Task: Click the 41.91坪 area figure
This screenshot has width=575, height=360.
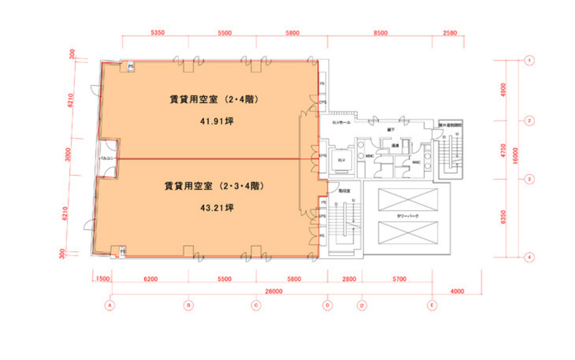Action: point(217,121)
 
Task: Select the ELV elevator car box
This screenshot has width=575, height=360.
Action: point(342,160)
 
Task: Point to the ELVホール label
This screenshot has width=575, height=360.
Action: point(341,123)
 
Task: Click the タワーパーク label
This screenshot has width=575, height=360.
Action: point(408,217)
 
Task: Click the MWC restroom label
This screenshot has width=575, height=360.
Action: point(369,156)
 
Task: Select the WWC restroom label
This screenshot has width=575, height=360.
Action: point(416,162)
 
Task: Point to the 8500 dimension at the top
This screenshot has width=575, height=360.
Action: point(380,33)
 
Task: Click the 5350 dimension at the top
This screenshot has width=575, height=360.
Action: point(158,33)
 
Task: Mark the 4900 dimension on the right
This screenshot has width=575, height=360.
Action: point(503,90)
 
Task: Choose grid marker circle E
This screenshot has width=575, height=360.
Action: point(433,305)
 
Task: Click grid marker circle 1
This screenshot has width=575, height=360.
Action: point(529,60)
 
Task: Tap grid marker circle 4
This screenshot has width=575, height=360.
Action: point(529,257)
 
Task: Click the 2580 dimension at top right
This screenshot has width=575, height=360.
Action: point(449,33)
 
